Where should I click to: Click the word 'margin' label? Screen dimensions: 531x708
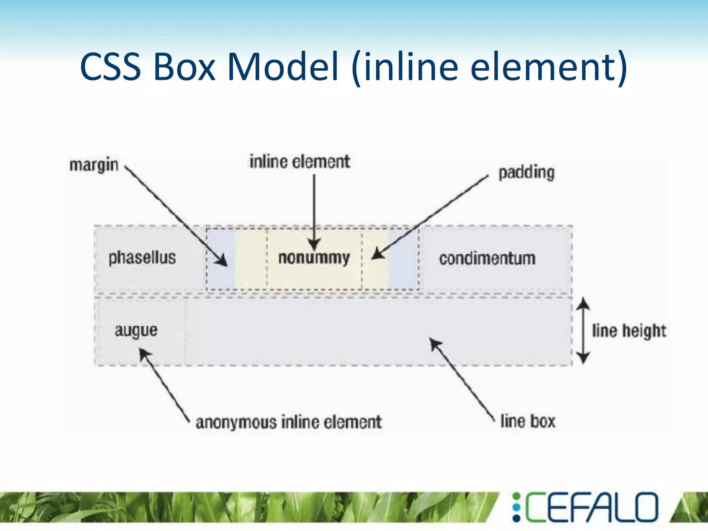tap(94, 165)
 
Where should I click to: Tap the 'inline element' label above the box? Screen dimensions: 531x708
tap(300, 162)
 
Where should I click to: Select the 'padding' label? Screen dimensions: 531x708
tap(527, 173)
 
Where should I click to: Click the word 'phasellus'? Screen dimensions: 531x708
tap(142, 258)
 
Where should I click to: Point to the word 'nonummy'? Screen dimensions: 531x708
tap(314, 258)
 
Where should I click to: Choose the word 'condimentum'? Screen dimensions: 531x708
tap(487, 259)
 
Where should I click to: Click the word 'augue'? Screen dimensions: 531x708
tap(136, 330)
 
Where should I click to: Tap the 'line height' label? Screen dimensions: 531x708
tap(629, 331)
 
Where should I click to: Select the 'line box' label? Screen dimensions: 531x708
tap(528, 421)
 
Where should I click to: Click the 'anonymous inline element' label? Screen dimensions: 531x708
tap(289, 422)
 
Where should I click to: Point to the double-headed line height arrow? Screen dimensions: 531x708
tap(584, 330)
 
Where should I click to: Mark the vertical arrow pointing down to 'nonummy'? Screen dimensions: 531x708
tap(314, 211)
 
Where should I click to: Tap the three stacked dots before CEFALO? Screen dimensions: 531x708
tap(516, 507)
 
